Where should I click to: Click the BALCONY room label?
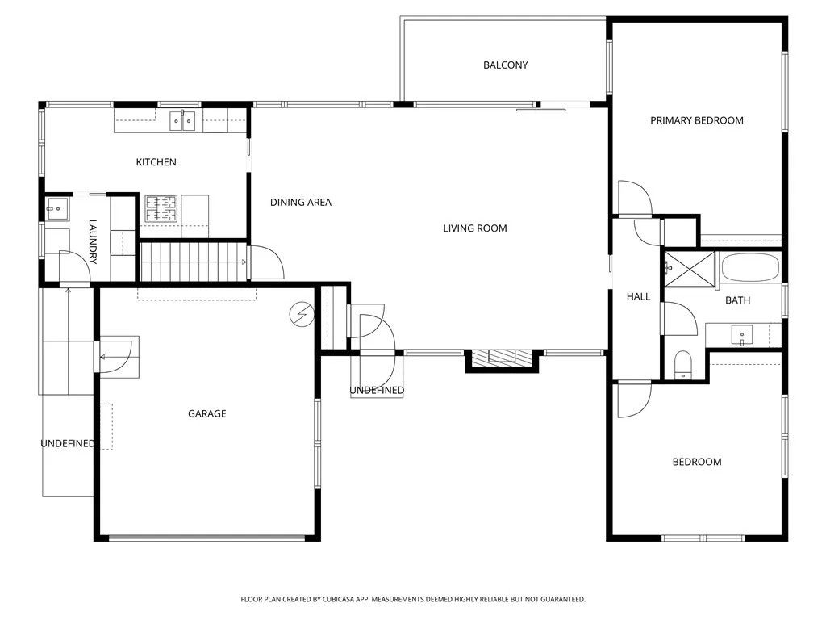(506, 65)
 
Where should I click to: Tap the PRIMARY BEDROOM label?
(697, 120)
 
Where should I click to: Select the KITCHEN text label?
(156, 162)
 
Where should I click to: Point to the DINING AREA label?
(301, 203)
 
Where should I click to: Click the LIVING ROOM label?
(475, 228)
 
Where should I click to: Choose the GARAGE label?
(207, 414)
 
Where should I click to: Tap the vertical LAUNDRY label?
(93, 242)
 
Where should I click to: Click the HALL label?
(639, 297)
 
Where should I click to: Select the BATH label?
(737, 300)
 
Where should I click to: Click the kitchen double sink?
(182, 121)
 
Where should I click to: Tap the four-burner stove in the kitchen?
(161, 208)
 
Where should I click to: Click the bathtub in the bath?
(750, 267)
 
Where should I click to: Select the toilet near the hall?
(683, 364)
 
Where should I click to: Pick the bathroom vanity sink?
(742, 333)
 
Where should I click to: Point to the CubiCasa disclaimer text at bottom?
(413, 599)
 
